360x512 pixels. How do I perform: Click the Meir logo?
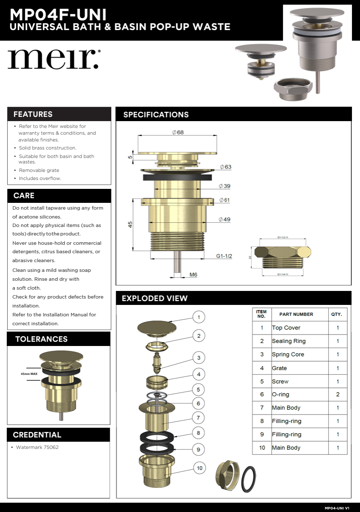tap(53, 59)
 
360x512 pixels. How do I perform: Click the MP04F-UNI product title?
tap(58, 15)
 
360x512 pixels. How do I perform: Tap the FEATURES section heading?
tap(33, 114)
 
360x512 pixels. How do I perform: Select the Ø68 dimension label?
tap(178, 133)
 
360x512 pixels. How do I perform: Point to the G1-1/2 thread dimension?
tap(224, 256)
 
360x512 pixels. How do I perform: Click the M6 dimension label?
tap(193, 275)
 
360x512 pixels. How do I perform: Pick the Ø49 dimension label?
tap(224, 219)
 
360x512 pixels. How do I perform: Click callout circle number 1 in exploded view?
tap(199, 317)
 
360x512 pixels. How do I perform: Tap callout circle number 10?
tap(199, 468)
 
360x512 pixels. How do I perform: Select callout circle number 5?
tap(198, 389)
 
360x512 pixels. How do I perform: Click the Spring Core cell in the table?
tap(288, 354)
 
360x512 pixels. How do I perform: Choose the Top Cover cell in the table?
tap(286, 328)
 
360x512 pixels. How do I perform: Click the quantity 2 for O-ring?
tap(338, 394)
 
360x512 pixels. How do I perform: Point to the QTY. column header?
tap(337, 315)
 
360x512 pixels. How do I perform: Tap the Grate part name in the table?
tap(280, 368)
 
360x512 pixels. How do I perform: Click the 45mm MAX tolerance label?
tap(29, 374)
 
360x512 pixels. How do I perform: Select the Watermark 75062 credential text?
tap(37, 447)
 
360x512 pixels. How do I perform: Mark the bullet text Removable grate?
tap(39, 170)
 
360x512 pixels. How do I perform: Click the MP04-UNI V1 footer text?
tap(337, 508)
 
